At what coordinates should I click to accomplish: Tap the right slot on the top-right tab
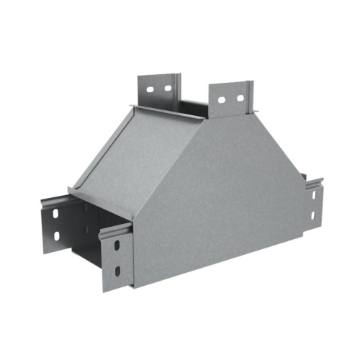pyautogui.click(x=236, y=97)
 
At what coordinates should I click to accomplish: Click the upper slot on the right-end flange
pyautogui.click(x=317, y=194)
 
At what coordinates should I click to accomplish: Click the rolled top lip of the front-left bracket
pyautogui.click(x=115, y=229)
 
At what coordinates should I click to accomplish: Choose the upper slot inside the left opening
pyautogui.click(x=86, y=210)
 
